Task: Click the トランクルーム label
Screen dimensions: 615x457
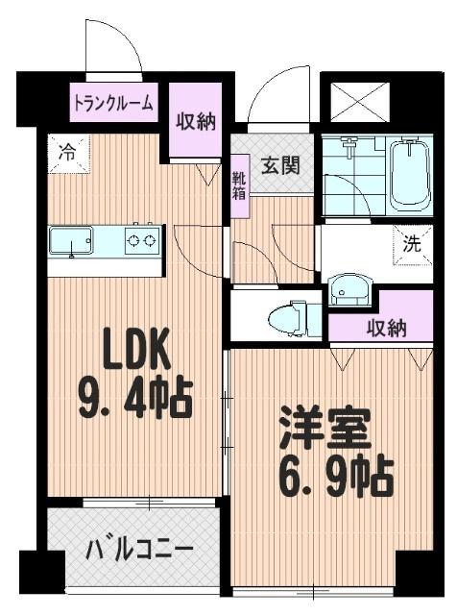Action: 113,104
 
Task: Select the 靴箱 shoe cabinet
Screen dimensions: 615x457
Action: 238,185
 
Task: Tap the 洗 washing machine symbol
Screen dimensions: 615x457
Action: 411,244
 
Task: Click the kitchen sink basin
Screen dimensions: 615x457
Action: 72,241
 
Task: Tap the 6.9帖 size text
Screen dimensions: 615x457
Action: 336,475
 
